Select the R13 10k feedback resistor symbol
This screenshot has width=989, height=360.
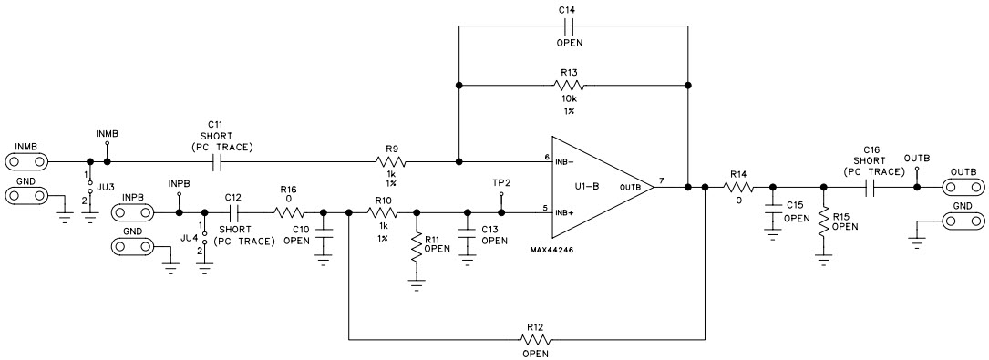[572, 86]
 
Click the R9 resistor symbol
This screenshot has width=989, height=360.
[391, 163]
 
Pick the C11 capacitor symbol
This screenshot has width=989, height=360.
[217, 163]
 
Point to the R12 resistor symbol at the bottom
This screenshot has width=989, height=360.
[534, 340]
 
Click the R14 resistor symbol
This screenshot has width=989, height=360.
[737, 189]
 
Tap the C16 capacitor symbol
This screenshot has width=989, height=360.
[871, 189]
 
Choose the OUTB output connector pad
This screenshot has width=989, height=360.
[963, 189]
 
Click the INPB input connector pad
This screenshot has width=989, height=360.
[132, 213]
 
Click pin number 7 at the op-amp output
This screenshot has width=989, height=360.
[660, 180]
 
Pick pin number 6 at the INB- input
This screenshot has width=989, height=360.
[546, 157]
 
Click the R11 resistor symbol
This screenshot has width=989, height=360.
[417, 249]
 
